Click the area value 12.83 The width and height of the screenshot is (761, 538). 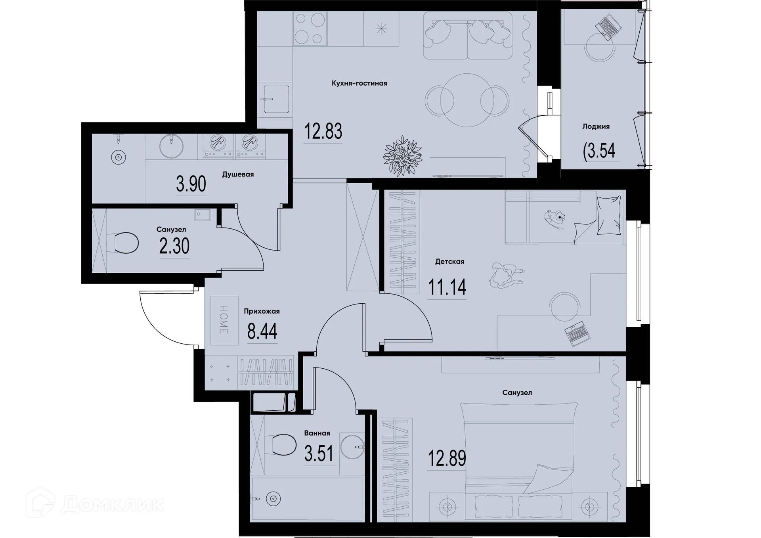pos(323,131)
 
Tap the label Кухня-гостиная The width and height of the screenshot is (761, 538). pos(359,83)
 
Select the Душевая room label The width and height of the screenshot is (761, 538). pos(238,174)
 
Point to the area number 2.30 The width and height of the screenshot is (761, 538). pos(174,246)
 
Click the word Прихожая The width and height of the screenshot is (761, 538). pos(262,312)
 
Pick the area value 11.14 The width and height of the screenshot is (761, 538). pos(447,287)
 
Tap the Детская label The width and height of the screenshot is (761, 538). pos(449,262)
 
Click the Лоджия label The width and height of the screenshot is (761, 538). pos(596,126)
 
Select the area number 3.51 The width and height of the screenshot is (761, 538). pos(319,454)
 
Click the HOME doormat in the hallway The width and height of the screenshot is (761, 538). pos(224,320)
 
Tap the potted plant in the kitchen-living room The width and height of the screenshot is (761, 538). pos(403,156)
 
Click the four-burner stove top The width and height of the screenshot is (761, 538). pos(310,29)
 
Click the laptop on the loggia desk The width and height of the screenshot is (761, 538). pos(609,26)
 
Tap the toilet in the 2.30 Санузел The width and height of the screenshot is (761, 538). pos(126,243)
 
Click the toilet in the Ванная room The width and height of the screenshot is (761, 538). pos(284,444)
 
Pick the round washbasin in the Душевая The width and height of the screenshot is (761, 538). pos(171,146)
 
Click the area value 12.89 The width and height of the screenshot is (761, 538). pos(447,459)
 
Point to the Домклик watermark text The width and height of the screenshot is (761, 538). pos(113,505)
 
